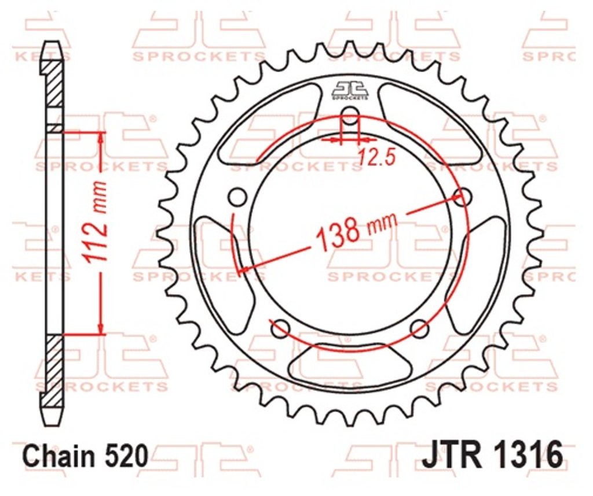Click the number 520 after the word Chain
pyautogui.click(x=127, y=456)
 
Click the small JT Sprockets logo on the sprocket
pyautogui.click(x=350, y=91)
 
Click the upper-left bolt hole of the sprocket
pyautogui.click(x=237, y=197)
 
